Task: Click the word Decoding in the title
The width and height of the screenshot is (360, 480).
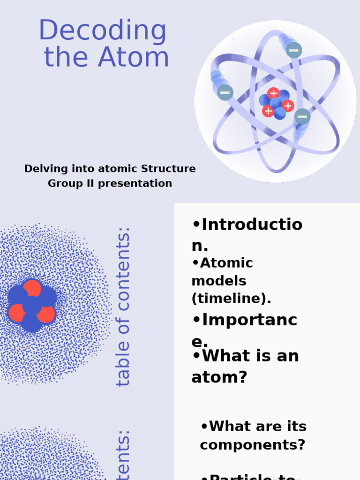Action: [x=102, y=31]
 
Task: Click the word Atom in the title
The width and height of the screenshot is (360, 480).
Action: [x=134, y=57]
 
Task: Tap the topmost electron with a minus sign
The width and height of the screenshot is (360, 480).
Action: [x=294, y=50]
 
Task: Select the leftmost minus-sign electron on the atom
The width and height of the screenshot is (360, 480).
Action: [x=225, y=92]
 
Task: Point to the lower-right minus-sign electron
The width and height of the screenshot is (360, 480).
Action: [x=302, y=116]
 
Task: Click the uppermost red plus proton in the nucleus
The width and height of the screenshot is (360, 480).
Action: [x=273, y=93]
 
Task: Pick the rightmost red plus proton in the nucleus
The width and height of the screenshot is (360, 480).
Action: [x=288, y=106]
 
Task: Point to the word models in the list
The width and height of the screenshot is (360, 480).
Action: [x=219, y=281]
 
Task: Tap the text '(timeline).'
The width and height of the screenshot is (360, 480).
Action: [x=231, y=299]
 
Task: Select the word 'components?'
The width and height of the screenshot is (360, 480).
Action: [x=253, y=444]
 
